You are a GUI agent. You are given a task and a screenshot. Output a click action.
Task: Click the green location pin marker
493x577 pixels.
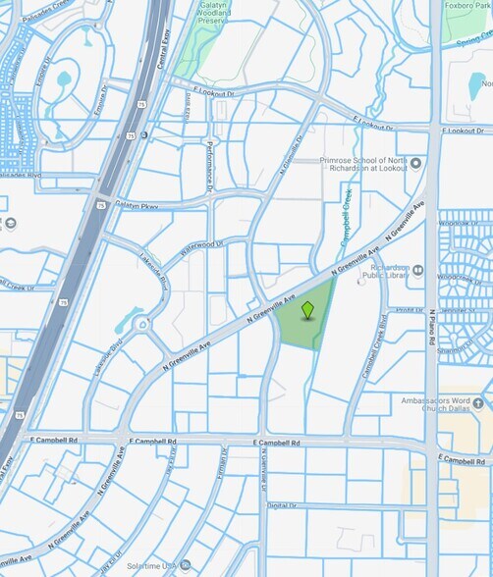coord(307,310)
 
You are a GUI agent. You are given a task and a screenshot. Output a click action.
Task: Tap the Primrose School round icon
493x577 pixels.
coord(416,163)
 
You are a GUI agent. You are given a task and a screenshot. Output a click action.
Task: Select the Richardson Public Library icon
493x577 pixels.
coord(417,269)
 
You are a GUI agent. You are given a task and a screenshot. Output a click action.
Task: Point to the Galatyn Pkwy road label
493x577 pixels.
coord(137,206)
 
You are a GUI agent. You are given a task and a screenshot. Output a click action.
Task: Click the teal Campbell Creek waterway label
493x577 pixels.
coord(345,217)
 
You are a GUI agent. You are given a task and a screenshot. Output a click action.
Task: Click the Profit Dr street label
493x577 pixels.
coord(410,310)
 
